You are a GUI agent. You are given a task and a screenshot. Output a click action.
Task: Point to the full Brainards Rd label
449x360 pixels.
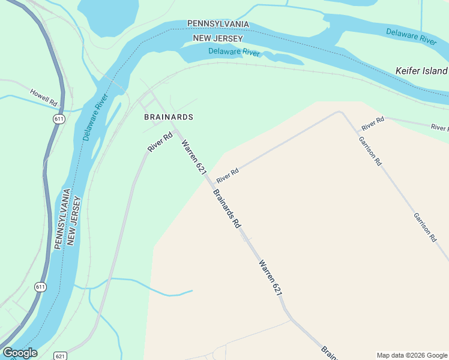click(x=227, y=208)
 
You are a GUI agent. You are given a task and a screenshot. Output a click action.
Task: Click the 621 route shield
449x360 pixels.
click(x=60, y=355)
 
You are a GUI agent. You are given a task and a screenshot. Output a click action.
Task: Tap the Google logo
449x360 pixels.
click(x=20, y=353)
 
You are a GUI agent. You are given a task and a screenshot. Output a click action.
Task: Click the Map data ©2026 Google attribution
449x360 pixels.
click(x=412, y=355)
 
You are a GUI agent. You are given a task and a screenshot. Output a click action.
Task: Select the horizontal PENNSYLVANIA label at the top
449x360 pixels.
click(x=218, y=23)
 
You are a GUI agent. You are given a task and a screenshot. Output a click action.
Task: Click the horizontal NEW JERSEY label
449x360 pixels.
click(x=217, y=39)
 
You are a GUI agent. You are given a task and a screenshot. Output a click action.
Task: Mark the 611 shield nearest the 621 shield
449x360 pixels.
click(x=40, y=287)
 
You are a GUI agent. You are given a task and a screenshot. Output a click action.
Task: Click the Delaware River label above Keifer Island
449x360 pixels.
click(x=411, y=36)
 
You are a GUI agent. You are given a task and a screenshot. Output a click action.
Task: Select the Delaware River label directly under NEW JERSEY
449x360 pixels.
click(x=234, y=52)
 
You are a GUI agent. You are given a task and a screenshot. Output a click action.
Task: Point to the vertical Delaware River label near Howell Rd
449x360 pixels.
click(x=95, y=117)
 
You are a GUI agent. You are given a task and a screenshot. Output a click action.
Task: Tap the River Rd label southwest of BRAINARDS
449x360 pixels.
click(x=160, y=142)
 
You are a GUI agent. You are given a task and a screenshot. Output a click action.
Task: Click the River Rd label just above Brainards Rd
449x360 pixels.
click(x=228, y=175)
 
